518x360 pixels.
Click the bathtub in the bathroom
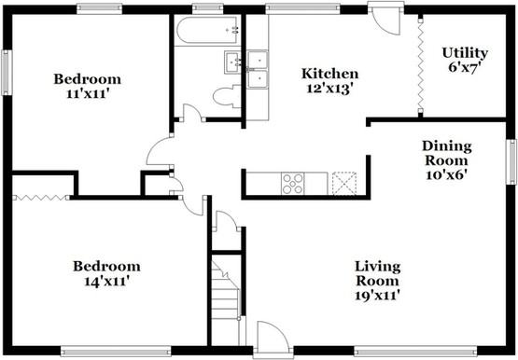(x=204, y=34)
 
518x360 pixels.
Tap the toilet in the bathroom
(x=225, y=94)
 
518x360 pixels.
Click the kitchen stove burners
(x=293, y=183)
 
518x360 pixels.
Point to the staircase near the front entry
(x=225, y=289)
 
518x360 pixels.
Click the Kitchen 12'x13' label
(x=329, y=80)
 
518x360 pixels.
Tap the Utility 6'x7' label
(x=465, y=60)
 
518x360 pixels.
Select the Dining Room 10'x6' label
(x=446, y=159)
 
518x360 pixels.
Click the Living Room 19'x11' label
(x=377, y=281)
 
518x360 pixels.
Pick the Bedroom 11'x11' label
(x=87, y=85)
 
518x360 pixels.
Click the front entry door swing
(x=273, y=337)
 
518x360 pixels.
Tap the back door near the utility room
(x=384, y=20)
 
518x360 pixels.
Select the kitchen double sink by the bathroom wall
(x=258, y=70)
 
